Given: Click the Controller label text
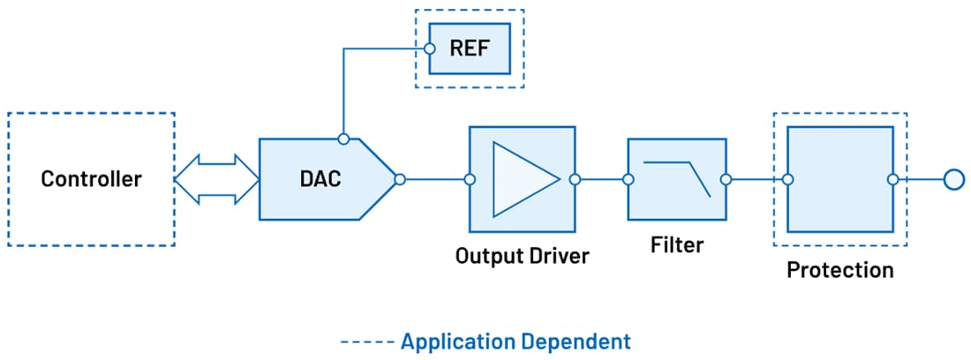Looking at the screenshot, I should pyautogui.click(x=91, y=179).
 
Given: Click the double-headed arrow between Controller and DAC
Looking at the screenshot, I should pyautogui.click(x=216, y=179).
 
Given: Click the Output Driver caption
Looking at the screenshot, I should pyautogui.click(x=522, y=256).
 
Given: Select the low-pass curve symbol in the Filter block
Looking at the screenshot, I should pyautogui.click(x=678, y=177).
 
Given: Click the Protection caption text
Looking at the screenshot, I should pyautogui.click(x=839, y=269).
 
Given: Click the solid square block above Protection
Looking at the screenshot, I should pyautogui.click(x=840, y=179).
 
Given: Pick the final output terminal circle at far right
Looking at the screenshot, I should pyautogui.click(x=952, y=179).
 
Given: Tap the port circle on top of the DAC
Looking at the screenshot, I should pyautogui.click(x=343, y=138).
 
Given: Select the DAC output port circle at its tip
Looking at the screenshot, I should pyautogui.click(x=400, y=179).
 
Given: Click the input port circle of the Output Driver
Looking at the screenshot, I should pyautogui.click(x=470, y=179).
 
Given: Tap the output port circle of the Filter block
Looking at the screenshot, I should pyautogui.click(x=726, y=179).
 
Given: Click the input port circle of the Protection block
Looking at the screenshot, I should pyautogui.click(x=787, y=179).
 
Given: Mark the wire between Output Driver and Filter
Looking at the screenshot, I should pyautogui.click(x=601, y=179).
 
